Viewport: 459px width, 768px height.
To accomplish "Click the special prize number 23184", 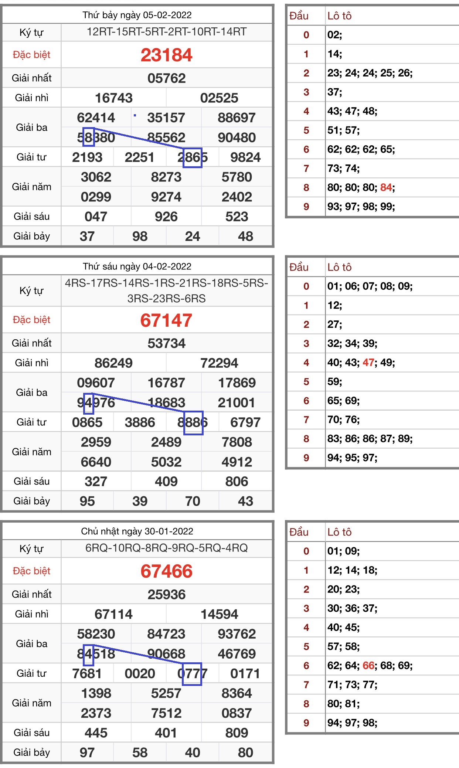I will coord(166,55).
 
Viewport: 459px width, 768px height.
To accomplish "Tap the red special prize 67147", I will coord(166,320).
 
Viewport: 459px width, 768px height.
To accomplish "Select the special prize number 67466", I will coord(166,571).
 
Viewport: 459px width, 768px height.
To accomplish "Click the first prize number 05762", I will coord(166,78).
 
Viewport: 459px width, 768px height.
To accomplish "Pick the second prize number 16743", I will coord(113,98).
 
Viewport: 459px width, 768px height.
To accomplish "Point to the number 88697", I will coord(237,118).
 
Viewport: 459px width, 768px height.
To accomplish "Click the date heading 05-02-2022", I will coord(137,15).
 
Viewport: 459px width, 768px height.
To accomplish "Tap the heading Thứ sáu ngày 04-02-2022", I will coord(137,266).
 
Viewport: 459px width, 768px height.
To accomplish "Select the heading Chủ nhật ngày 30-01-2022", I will coord(137,531).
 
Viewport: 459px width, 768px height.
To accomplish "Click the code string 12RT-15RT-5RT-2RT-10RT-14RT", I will coord(166,32).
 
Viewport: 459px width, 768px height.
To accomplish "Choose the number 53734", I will coord(166,343).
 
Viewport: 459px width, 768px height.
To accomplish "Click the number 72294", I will coord(219,363).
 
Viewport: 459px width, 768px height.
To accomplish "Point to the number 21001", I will coord(237,402).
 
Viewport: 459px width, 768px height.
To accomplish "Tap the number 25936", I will coord(166,594).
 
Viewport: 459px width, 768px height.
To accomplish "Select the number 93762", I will coord(237,634).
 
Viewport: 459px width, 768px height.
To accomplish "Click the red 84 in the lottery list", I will coord(386,187).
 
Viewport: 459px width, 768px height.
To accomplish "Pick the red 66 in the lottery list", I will coord(368,666).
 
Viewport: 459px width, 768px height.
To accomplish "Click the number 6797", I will coord(245,422).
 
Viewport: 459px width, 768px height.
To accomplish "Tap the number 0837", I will coord(237,713).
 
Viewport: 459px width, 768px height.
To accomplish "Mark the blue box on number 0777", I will coord(192,674).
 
